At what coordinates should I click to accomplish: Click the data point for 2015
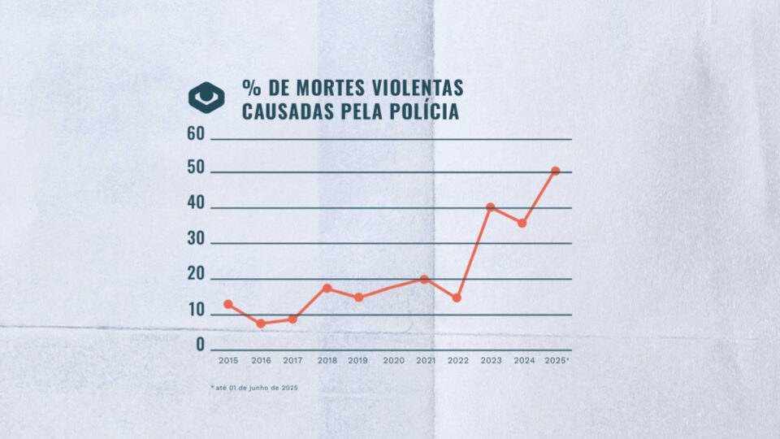pyautogui.click(x=228, y=304)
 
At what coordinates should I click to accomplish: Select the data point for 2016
pyautogui.click(x=261, y=324)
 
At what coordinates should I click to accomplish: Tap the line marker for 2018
pyautogui.click(x=327, y=288)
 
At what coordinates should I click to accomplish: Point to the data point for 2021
pyautogui.click(x=424, y=279)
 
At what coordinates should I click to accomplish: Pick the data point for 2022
pyautogui.click(x=457, y=298)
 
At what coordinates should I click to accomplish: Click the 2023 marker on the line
pyautogui.click(x=490, y=207)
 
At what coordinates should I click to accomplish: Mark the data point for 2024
pyautogui.click(x=522, y=223)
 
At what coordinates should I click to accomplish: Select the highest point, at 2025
pyautogui.click(x=556, y=171)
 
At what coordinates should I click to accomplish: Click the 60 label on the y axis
pyautogui.click(x=195, y=135)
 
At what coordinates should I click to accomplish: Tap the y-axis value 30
pyautogui.click(x=195, y=242)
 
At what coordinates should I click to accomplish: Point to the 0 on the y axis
pyautogui.click(x=200, y=345)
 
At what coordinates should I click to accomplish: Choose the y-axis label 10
pyautogui.click(x=195, y=310)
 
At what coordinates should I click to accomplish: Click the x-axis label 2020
pyautogui.click(x=393, y=360)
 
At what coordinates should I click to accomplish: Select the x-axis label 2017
pyautogui.click(x=292, y=360)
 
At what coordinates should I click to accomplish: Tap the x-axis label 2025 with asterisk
pyautogui.click(x=557, y=360)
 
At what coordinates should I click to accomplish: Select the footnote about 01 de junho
pyautogui.click(x=254, y=388)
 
